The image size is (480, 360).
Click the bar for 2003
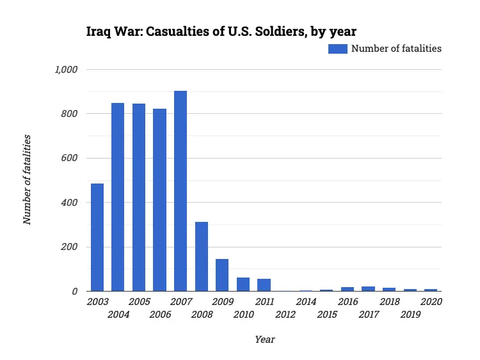[x=97, y=237]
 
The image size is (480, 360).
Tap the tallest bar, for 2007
[x=180, y=191]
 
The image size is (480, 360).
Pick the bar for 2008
[x=202, y=256]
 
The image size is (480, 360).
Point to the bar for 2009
[x=222, y=275]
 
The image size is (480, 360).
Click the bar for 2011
[x=264, y=285]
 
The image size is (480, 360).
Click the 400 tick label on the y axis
[x=70, y=203]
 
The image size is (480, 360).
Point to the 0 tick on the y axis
[x=75, y=292]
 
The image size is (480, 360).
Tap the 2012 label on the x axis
[x=285, y=315]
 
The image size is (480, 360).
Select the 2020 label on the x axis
[x=431, y=301]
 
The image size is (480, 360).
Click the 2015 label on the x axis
[x=327, y=315]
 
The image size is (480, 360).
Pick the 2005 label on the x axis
[x=139, y=301]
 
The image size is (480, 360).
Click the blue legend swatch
[x=338, y=49]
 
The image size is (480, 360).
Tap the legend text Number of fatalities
[x=397, y=49]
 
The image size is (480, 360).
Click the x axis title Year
[x=264, y=340]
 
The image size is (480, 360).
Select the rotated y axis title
[x=28, y=180]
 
